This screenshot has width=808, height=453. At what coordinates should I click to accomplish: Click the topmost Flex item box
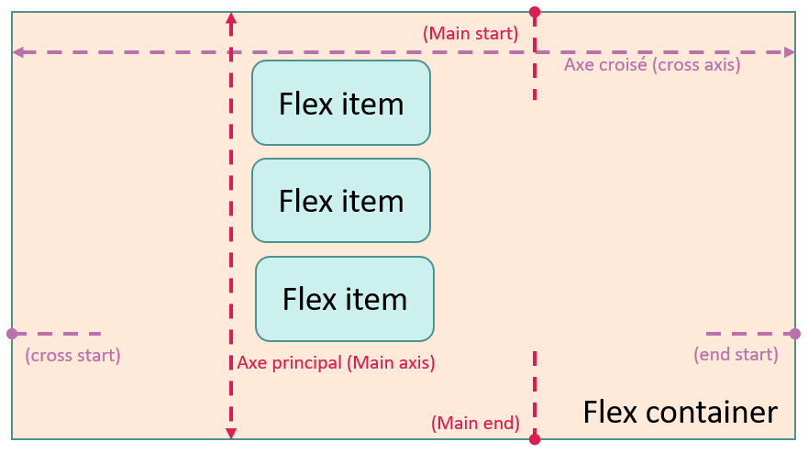[341, 103]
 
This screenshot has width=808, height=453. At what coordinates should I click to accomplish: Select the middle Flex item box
[341, 200]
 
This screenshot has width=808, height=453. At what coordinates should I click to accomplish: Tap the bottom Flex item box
[345, 299]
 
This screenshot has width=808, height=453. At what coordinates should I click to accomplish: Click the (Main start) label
[470, 34]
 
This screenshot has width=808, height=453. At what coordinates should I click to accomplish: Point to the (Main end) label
[475, 424]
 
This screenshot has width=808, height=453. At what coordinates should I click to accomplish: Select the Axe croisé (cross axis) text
[652, 65]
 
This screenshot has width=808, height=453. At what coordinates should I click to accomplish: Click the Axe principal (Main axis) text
[336, 362]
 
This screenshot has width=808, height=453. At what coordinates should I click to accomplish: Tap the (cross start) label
[72, 355]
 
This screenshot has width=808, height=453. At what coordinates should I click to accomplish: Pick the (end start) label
[736, 354]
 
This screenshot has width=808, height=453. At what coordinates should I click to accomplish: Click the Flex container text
[680, 413]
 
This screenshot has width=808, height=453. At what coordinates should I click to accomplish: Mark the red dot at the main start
[535, 12]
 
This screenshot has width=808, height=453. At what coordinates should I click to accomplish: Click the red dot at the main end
[535, 439]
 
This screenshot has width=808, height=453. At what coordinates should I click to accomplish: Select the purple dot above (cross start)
[11, 334]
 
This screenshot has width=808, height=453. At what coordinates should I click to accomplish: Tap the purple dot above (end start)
[794, 334]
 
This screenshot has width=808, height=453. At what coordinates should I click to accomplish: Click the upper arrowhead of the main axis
[231, 17]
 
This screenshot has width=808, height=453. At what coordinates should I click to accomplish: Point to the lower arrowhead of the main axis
[231, 434]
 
